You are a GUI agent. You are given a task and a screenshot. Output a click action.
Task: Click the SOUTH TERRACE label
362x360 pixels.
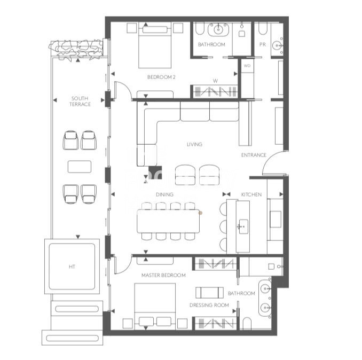coord(80,101)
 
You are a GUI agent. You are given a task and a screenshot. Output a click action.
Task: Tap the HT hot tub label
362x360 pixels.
coord(72,267)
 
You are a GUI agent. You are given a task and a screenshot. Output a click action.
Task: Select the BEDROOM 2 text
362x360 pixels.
coord(161,77)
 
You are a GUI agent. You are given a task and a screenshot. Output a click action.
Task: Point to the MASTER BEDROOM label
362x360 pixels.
coord(163,275)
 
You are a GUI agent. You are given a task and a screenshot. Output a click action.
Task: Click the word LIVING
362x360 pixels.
coord(194,144)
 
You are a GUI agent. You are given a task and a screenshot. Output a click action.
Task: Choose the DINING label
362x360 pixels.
coord(164,194)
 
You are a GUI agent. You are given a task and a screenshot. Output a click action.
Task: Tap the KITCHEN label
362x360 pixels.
coord(251,194)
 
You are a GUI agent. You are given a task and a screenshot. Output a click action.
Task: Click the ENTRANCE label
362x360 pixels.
coord(254,155)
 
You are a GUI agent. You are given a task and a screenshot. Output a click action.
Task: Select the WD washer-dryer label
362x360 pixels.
coord(247,66)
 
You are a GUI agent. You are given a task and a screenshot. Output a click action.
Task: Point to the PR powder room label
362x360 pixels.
coord(263,44)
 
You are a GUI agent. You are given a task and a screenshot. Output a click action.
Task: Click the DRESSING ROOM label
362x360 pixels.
coord(209,305)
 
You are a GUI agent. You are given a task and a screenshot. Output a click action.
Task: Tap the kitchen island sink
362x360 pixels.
coord(243,226)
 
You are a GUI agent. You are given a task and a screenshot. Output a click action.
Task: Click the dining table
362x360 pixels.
coord(168,221)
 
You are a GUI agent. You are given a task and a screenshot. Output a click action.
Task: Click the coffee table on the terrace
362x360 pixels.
coord(80,167)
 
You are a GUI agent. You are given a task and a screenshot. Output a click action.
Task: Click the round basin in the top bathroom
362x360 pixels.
coord(218,29)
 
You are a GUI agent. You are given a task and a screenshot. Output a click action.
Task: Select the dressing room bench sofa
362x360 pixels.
coord(209,293)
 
